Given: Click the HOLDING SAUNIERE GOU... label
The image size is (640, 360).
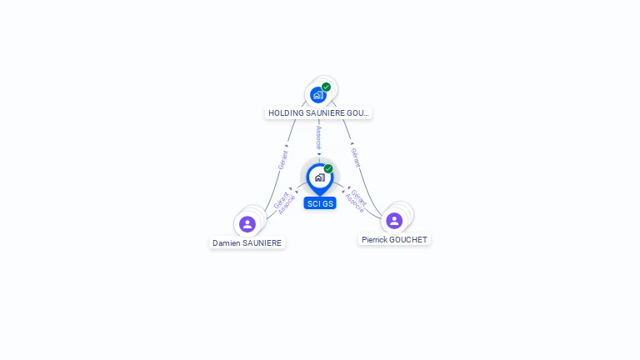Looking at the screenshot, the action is [318, 113].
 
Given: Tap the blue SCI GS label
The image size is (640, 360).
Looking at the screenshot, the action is [320, 203].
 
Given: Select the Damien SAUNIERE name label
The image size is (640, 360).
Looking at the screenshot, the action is [247, 242].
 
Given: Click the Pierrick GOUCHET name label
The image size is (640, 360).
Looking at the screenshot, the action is [394, 240].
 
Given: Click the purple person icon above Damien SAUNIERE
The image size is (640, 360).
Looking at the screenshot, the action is [247, 224].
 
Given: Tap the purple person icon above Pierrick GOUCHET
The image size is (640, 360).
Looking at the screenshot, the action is [394, 221].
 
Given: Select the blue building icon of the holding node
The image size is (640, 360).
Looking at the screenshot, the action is [318, 95].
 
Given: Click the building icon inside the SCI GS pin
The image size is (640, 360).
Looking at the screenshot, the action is [320, 177].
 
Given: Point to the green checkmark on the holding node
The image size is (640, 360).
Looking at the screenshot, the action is [326, 87].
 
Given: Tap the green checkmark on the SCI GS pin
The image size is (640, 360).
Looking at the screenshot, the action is [328, 168].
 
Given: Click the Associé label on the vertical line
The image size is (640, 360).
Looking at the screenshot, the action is [319, 137].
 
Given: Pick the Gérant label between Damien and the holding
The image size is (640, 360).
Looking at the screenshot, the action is [282, 160].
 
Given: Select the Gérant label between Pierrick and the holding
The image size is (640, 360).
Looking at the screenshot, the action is [356, 157].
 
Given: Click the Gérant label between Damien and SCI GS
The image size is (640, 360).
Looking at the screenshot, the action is [281, 200].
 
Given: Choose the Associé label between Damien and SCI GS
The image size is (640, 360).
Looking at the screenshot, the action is [287, 205].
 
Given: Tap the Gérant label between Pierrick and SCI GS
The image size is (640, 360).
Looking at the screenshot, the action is [359, 197].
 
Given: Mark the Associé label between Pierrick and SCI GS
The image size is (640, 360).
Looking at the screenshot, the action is [354, 203].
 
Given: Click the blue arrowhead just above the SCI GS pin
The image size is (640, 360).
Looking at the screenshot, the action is [319, 154].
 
